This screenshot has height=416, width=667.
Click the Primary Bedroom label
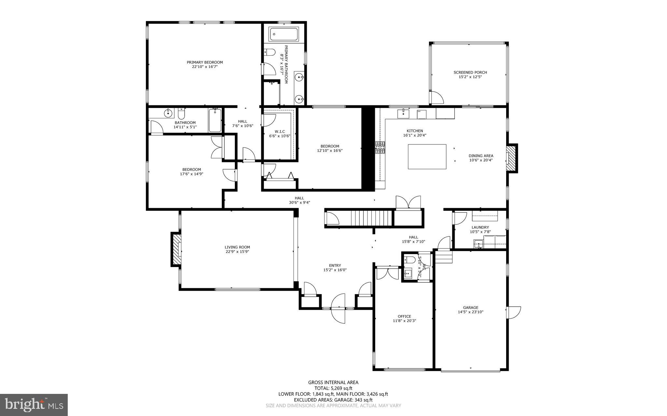[x=205, y=62]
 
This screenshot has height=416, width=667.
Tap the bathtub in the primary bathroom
[x=284, y=34]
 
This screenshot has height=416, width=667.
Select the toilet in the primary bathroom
[x=269, y=52]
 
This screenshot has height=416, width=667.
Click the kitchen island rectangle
[x=427, y=156]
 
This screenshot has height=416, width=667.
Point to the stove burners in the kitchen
[x=380, y=147]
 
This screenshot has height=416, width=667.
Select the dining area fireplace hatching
[x=511, y=158]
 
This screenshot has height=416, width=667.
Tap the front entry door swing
[x=339, y=308]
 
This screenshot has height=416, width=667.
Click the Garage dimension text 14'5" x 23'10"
[x=470, y=312]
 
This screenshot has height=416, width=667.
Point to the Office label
[x=404, y=316]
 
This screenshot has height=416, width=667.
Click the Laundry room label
[x=480, y=227]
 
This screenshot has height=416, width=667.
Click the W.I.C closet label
[x=279, y=131]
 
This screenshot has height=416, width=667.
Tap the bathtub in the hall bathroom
[x=215, y=120]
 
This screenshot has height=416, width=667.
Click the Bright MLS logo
[x=34, y=405]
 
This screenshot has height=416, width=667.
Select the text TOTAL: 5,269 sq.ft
[x=333, y=388]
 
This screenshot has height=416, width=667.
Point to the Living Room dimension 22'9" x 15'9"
[x=237, y=251]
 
